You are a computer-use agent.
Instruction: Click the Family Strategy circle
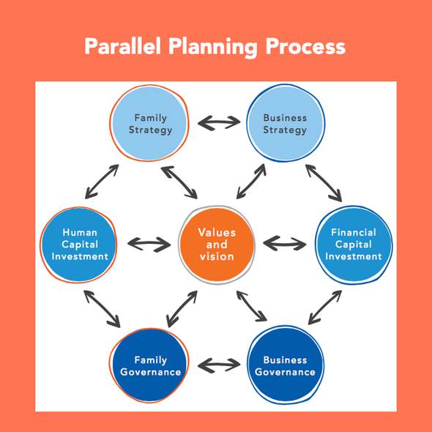[x=149, y=123]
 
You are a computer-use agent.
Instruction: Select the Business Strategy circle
[x=286, y=123]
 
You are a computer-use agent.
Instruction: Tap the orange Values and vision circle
[x=217, y=245]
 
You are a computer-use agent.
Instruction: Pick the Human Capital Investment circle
[x=79, y=245]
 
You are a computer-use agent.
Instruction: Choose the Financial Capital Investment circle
[x=354, y=245]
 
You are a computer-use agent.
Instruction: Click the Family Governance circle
[x=149, y=365]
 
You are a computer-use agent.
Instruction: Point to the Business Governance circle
[x=286, y=365]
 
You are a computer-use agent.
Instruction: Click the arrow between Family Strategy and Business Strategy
[x=219, y=122]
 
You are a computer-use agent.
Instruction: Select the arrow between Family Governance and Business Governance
[x=219, y=365]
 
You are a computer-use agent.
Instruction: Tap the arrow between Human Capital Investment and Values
[x=149, y=244]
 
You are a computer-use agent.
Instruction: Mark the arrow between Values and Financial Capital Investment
[x=285, y=244]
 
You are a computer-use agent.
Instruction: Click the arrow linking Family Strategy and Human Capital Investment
[x=102, y=182]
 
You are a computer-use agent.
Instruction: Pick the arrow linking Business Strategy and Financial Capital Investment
[x=324, y=183]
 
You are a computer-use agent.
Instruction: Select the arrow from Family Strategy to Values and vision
[x=179, y=182]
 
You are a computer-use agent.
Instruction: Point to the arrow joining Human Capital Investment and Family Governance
[x=102, y=309]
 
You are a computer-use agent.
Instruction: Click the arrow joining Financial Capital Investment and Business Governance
[x=325, y=308]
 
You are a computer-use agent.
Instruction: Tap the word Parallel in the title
[x=122, y=46]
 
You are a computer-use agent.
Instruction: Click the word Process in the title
[x=305, y=46]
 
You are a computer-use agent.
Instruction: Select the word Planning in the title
[x=213, y=48]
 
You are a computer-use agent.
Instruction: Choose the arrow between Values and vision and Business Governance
[x=252, y=306]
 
